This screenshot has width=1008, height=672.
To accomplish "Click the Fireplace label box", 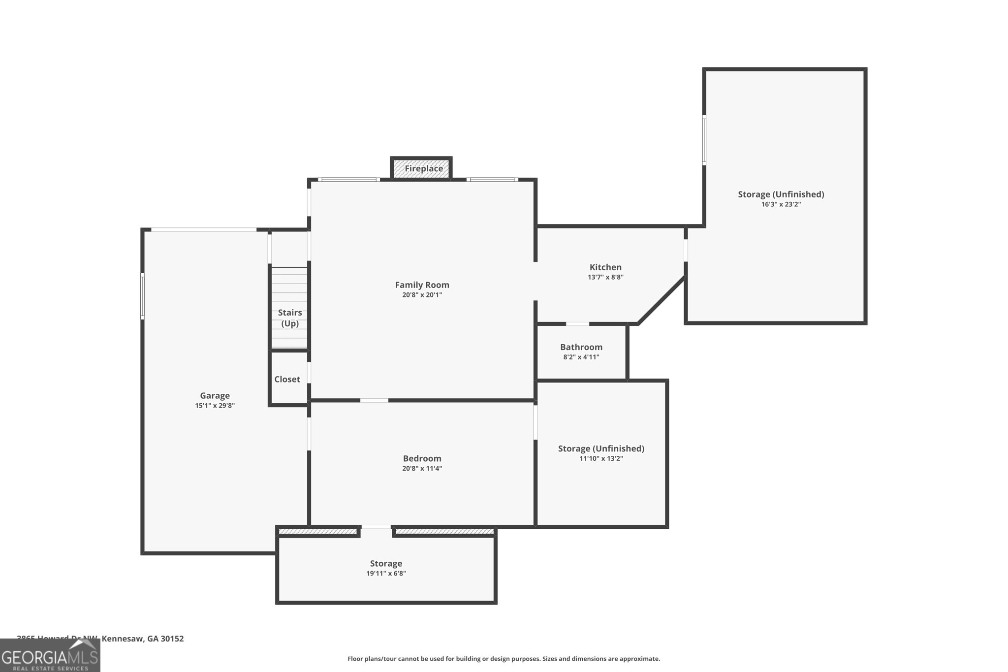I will pyautogui.click(x=421, y=169).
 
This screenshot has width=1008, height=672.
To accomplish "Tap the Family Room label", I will pyautogui.click(x=422, y=285).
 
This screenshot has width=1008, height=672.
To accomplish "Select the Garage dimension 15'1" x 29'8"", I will pyautogui.click(x=215, y=406).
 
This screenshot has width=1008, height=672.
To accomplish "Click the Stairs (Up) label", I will pyautogui.click(x=290, y=318).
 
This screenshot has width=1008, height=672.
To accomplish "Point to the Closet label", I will pyautogui.click(x=287, y=379).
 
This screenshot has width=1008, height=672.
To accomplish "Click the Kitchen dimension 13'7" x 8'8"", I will pyautogui.click(x=605, y=277).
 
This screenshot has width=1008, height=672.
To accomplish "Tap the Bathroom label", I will pyautogui.click(x=581, y=347).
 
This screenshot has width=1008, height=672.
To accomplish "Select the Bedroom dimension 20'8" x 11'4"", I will pyautogui.click(x=422, y=468).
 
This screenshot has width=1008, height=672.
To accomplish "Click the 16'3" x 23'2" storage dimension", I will pyautogui.click(x=781, y=204).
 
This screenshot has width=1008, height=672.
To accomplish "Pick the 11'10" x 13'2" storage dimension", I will pyautogui.click(x=601, y=458).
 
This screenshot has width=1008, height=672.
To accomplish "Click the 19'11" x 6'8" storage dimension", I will pyautogui.click(x=386, y=574).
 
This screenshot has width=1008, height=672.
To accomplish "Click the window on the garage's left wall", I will pyautogui.click(x=143, y=296).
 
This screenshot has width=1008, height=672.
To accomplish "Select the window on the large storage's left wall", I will pyautogui.click(x=704, y=140).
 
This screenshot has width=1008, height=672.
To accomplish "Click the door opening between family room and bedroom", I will pyautogui.click(x=374, y=400).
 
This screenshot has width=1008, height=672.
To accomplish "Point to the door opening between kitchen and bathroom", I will pyautogui.click(x=577, y=324).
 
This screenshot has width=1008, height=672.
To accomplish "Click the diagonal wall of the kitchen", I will pyautogui.click(x=661, y=300).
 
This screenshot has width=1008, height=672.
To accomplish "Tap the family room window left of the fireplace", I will pyautogui.click(x=348, y=180).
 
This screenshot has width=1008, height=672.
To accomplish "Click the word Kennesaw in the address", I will pyautogui.click(x=122, y=639).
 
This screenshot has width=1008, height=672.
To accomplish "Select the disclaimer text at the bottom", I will pyautogui.click(x=504, y=659).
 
